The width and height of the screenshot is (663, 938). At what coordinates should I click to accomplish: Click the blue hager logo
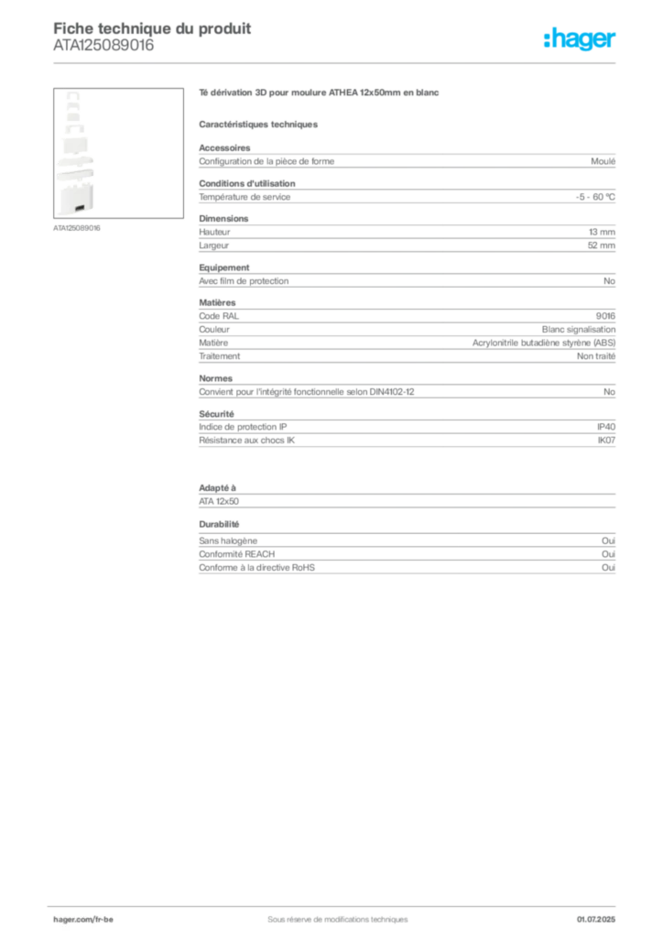[581, 40]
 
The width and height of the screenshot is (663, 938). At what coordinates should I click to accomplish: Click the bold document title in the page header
[152, 25]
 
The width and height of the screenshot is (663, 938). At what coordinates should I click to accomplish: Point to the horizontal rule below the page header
[337, 62]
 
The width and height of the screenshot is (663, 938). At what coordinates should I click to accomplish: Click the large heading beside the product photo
[321, 94]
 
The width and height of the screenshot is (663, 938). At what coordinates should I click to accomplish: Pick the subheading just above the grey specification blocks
[260, 123]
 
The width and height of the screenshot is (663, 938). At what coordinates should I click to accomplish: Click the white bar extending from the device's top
[128, 106]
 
